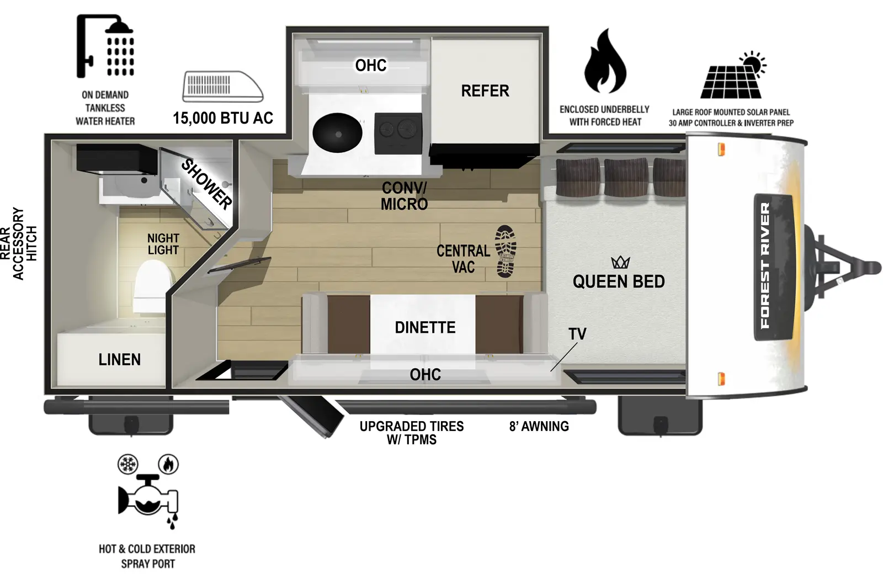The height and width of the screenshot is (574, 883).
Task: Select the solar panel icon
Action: pos(732,77)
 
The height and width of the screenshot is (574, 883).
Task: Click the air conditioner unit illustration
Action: pos(222,87)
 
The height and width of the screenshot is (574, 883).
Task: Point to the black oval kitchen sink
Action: pos(337,133)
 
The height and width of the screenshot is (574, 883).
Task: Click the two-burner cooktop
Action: pos(398,133)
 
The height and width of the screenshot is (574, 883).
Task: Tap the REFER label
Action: pos(485,91)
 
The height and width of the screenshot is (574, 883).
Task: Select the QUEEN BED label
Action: pos(619,281)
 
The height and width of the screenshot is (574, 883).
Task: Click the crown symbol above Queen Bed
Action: pos(620,262)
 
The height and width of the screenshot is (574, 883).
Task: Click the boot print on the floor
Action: pos(506,251)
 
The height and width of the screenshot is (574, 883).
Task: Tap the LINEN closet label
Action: pos(119,360)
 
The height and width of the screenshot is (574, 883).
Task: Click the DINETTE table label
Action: pos(425,327)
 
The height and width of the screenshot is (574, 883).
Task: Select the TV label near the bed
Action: pos(577,334)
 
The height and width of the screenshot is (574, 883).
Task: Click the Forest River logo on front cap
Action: pos(765,266)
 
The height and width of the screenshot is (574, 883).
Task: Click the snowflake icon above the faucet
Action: pos(128,464)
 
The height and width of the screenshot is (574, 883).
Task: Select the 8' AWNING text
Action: pos(539,426)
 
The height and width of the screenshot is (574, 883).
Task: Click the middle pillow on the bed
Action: pos(626,177)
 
